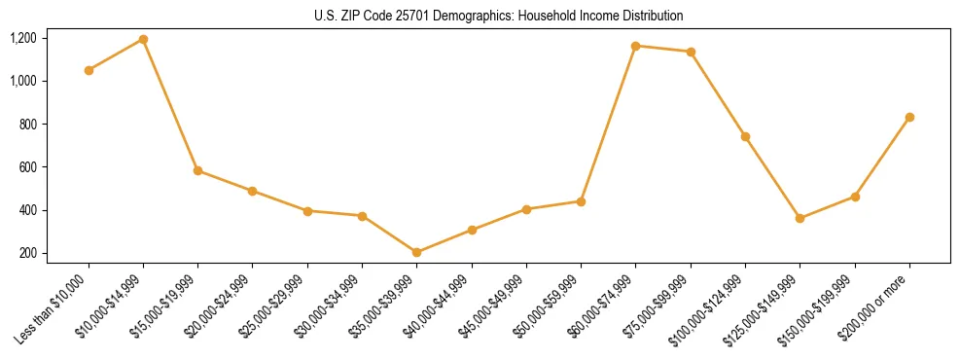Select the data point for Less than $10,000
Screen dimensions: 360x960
click(89, 70)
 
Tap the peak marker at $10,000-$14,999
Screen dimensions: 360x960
click(143, 39)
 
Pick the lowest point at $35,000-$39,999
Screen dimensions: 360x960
click(416, 252)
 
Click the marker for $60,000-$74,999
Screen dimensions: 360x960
click(635, 46)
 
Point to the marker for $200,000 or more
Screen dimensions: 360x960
click(909, 117)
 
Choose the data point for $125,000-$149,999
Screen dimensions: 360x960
click(800, 218)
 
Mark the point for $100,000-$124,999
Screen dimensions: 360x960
click(745, 136)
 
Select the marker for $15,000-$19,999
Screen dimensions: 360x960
click(197, 170)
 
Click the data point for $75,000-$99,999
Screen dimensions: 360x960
click(691, 52)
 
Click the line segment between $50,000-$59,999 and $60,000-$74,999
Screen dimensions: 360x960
click(608, 124)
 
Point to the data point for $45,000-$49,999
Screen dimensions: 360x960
click(526, 209)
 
